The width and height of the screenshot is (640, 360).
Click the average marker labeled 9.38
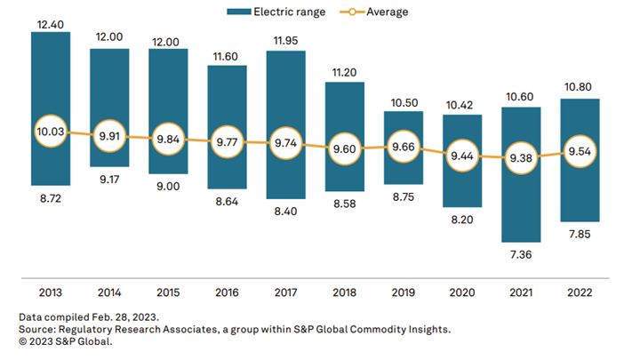[521, 157]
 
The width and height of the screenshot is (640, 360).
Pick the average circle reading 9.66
[404, 147]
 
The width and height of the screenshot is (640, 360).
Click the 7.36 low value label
[521, 255]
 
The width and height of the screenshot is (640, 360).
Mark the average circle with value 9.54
[580, 151]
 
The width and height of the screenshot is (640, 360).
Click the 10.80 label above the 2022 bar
[580, 86]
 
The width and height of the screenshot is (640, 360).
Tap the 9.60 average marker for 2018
[345, 149]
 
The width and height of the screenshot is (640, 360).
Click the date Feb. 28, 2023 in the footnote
[115, 317]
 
